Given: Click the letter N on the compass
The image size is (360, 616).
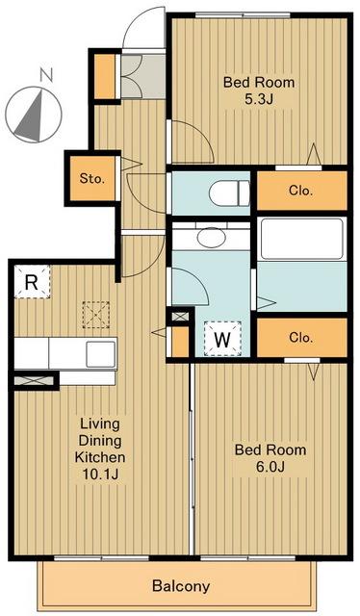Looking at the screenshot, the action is pos(47,75).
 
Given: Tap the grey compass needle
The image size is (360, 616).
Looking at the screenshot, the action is pos(31,116).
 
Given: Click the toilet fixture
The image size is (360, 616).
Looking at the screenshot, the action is pos(229,192).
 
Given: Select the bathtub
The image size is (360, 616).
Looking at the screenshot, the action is pos(301,239).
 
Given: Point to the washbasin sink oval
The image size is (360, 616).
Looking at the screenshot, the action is pos(212,238).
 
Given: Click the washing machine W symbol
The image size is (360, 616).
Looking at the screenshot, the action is pos(222,339).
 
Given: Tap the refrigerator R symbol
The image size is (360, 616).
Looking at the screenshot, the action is pos(32,282).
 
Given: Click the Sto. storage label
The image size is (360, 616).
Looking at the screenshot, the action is pos(92,179).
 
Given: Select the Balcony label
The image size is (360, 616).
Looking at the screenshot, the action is pos(181,586).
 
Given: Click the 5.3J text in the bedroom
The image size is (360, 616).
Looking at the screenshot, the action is pos(259,99).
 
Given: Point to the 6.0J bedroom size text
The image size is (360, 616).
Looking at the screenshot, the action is pos(270,466).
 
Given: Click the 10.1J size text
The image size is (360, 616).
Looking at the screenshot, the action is pos(100,475).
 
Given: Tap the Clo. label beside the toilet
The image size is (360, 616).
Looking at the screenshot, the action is pos(300,191).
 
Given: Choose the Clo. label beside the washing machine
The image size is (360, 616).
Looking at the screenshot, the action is pos(300,338).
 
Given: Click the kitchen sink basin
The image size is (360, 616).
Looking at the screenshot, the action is pos(101,354).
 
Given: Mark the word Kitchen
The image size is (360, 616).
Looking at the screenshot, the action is pos(100,457).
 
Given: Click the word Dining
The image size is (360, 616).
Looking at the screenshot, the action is pos(100,441).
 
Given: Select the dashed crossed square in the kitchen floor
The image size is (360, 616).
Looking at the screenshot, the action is pos(96,315).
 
